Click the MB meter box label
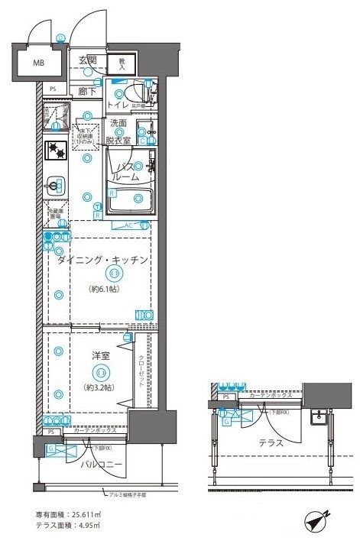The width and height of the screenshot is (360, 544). (38, 63)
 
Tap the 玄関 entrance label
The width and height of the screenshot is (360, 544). (87, 61)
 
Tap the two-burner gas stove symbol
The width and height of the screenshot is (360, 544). (57, 150)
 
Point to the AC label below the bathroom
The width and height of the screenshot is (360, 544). (128, 225)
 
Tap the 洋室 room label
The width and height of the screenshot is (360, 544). (99, 355)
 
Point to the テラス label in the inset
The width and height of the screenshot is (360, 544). (271, 442)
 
